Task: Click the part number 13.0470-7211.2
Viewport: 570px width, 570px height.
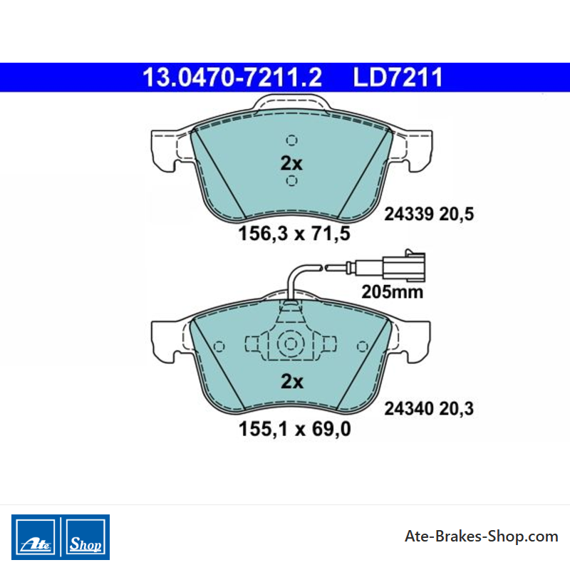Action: [232, 78]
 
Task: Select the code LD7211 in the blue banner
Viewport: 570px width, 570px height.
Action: [398, 78]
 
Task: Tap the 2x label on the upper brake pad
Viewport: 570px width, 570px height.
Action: [291, 163]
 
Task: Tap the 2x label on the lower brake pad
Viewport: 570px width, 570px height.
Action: [292, 382]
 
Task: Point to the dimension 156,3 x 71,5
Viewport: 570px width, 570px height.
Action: [294, 234]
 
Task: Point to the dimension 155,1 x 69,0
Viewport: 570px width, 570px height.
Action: [295, 429]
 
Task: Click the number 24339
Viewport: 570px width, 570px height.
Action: [409, 214]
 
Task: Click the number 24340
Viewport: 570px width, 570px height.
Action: [409, 408]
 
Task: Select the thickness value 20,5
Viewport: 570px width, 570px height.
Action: [457, 214]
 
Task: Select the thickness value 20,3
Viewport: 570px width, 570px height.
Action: [457, 409]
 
